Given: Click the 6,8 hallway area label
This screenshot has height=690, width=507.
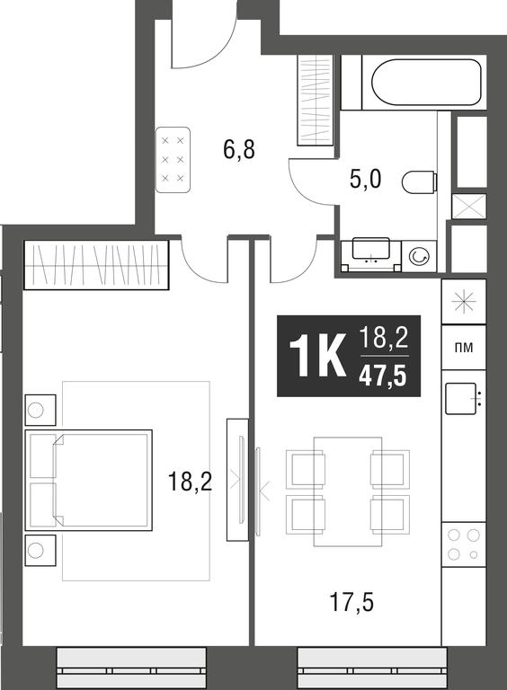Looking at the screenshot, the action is [x=239, y=151].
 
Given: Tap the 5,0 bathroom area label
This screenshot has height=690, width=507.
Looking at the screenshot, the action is [x=365, y=180].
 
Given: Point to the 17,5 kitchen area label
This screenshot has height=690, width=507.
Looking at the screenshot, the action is [x=351, y=602].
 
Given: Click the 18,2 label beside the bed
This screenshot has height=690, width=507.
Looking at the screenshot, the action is [x=191, y=482].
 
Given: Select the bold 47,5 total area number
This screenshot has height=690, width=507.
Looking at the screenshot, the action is [x=383, y=376].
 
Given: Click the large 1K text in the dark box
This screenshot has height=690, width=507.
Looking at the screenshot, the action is [x=317, y=357].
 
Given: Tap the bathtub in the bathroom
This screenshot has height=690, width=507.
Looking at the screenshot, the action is [x=426, y=83].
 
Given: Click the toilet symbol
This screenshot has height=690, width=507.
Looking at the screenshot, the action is [x=420, y=182].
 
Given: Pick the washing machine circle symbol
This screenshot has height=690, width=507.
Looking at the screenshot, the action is [x=417, y=256].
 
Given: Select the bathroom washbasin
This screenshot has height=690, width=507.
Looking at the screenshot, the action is [x=371, y=250].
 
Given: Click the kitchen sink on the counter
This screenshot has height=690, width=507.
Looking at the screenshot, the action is [x=461, y=398].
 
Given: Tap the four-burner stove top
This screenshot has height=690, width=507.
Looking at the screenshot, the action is [x=464, y=544].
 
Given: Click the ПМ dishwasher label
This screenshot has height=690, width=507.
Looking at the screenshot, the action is [x=464, y=348].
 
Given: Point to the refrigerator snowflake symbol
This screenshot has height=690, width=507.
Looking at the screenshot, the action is [x=464, y=303].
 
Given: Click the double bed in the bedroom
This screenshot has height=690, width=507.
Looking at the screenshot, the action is [x=88, y=480].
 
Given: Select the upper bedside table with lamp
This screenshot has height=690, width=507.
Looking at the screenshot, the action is [x=40, y=410].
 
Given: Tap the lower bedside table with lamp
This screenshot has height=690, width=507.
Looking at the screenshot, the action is [x=40, y=551].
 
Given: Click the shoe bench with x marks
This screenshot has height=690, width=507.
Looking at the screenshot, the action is [x=173, y=160].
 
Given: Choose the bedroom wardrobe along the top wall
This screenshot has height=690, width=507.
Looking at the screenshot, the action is [x=96, y=265].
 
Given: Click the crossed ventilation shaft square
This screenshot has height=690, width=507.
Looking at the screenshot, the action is [x=469, y=207].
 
